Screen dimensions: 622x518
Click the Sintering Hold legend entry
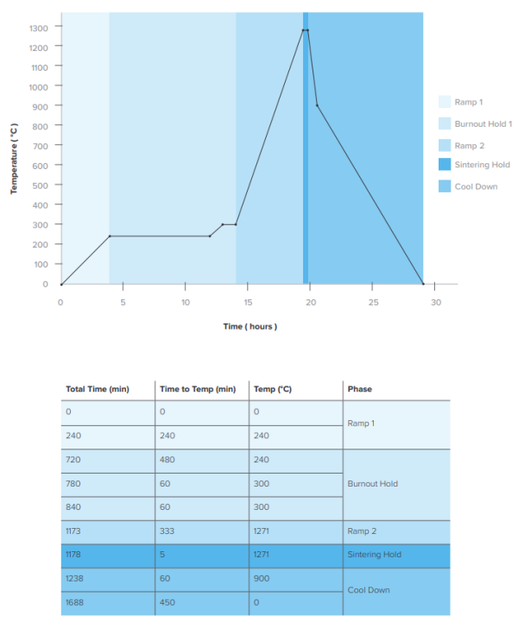[x=482, y=165]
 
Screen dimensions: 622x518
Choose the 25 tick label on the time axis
[x=373, y=302]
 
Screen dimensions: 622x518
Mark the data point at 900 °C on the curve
[x=317, y=105]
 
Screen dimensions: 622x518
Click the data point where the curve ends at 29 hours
[x=423, y=284]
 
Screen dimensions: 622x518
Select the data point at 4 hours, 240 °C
[x=110, y=236]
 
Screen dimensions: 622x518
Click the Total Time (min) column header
[x=97, y=389]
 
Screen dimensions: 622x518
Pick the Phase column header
[x=359, y=389]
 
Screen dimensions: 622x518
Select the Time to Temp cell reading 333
[x=168, y=531]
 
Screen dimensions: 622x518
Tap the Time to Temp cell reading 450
[x=168, y=602]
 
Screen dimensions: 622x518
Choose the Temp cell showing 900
[x=262, y=579]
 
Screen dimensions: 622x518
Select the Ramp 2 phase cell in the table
[x=363, y=531]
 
